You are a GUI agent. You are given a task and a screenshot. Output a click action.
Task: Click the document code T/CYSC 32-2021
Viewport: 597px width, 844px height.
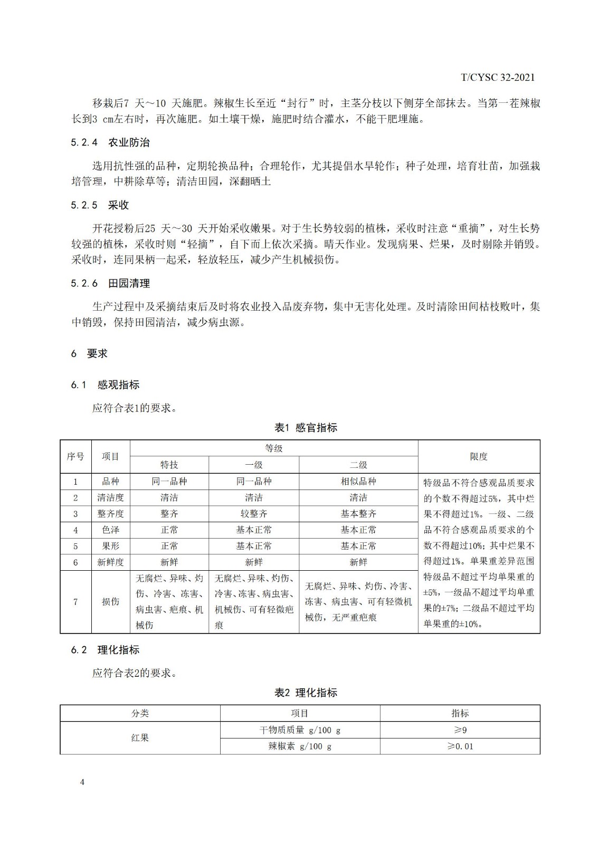point(497,78)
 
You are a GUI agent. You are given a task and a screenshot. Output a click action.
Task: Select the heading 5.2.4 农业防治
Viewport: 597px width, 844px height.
point(110,142)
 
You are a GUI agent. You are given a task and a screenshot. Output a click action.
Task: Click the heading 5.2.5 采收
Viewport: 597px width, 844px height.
point(100,205)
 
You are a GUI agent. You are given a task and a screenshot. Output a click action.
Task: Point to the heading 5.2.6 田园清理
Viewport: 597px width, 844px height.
point(110,283)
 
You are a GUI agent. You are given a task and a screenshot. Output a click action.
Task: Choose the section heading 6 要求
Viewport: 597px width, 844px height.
point(89,353)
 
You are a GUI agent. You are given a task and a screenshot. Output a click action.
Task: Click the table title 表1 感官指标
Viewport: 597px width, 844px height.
point(306,428)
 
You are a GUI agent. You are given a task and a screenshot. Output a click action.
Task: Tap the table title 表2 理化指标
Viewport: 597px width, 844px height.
point(306,693)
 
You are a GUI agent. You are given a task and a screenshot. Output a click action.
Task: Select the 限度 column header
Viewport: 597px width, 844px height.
point(479,457)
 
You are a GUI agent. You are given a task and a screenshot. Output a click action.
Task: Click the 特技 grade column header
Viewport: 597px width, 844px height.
point(169,465)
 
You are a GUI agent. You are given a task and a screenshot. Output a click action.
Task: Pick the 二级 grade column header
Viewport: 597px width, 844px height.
point(358,465)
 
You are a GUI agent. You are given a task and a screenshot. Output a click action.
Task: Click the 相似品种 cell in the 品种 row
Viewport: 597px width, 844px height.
point(358,481)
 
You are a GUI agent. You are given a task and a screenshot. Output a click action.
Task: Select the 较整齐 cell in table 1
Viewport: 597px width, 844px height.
point(254,513)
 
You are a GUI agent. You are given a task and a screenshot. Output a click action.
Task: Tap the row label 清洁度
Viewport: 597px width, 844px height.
point(110,497)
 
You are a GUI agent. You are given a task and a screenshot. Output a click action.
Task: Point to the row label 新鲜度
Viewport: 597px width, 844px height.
point(110,562)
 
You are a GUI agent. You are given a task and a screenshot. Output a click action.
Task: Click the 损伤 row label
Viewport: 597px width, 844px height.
point(110,601)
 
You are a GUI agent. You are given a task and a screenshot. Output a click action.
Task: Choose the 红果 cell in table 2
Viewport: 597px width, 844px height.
point(140,737)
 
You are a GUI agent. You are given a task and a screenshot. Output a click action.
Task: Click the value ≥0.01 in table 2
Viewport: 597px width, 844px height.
point(460,746)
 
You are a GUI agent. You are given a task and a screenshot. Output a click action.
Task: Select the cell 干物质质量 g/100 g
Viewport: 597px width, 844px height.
point(299,730)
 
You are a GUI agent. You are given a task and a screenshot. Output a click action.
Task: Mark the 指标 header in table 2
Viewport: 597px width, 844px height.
point(460,713)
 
